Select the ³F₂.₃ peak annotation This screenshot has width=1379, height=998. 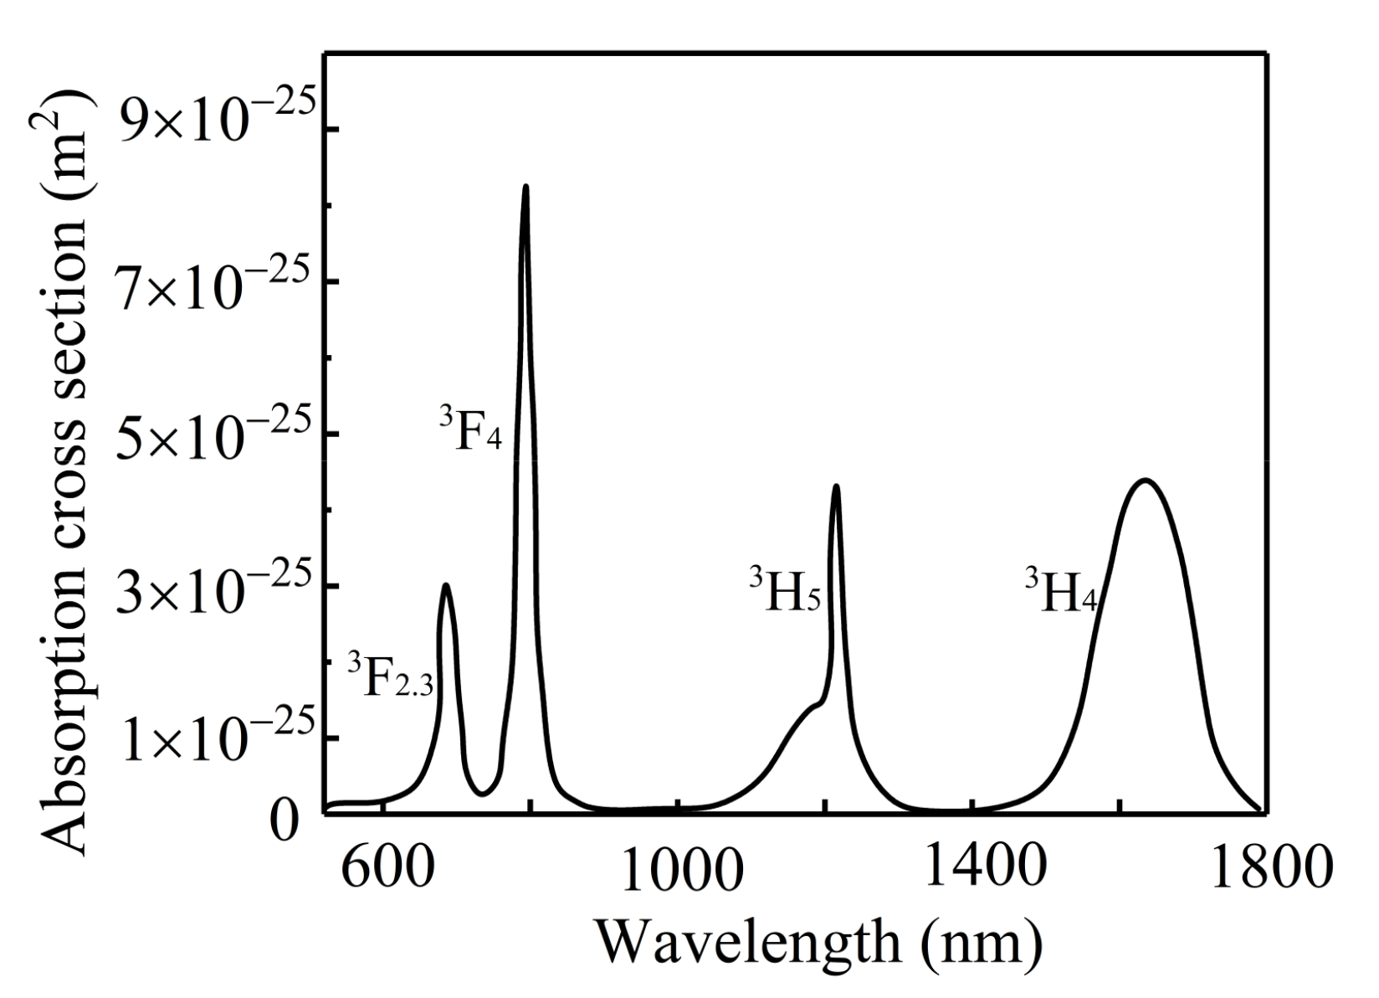391,676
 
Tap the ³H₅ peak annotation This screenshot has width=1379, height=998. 784,590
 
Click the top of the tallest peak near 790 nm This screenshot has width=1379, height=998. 525,187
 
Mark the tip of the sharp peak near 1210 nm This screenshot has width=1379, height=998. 835,486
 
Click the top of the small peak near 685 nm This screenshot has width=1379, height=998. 446,585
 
